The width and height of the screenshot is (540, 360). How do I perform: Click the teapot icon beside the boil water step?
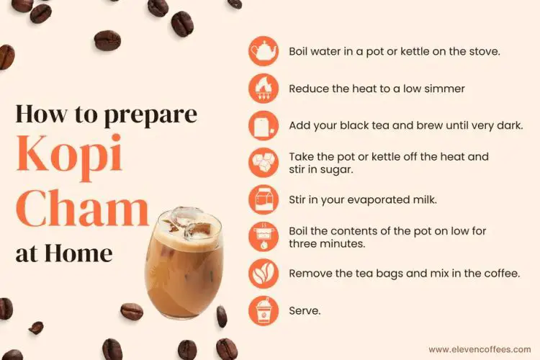click(263, 52)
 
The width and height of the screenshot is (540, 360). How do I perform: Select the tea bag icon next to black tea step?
click(263, 126)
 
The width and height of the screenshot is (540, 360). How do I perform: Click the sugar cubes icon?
click(263, 163)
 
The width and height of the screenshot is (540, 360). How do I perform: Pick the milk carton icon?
click(263, 199)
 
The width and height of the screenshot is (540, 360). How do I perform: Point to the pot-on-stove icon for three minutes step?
click(263, 237)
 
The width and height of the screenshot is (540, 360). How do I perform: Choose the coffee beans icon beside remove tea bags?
click(263, 274)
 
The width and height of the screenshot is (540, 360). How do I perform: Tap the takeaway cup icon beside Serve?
click(263, 311)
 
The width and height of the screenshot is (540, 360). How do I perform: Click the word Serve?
click(305, 311)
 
